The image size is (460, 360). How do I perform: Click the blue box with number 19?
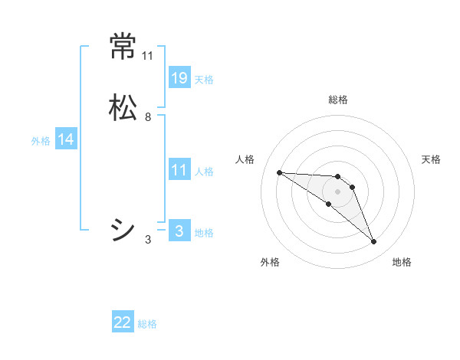[179, 78]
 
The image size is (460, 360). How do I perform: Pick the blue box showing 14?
[66, 139]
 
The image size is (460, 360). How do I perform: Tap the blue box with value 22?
[123, 322]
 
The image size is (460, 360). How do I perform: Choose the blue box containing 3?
[179, 231]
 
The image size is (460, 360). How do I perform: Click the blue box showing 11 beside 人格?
[179, 170]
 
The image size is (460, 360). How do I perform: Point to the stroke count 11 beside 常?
[148, 56]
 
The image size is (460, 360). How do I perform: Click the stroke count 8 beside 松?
[148, 117]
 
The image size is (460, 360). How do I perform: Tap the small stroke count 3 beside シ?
[148, 240]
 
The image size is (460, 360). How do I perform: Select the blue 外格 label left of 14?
[41, 141]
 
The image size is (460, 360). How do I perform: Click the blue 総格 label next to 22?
[147, 324]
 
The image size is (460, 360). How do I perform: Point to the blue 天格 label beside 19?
[204, 80]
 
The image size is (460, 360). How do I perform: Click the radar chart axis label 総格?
[338, 100]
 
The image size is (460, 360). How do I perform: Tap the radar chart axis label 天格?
[431, 159]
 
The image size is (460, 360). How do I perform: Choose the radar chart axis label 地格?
[402, 262]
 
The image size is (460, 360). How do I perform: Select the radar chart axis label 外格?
[270, 262]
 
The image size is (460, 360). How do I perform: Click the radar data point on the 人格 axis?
[279, 172]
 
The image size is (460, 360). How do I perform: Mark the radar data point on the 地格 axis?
[373, 242]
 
